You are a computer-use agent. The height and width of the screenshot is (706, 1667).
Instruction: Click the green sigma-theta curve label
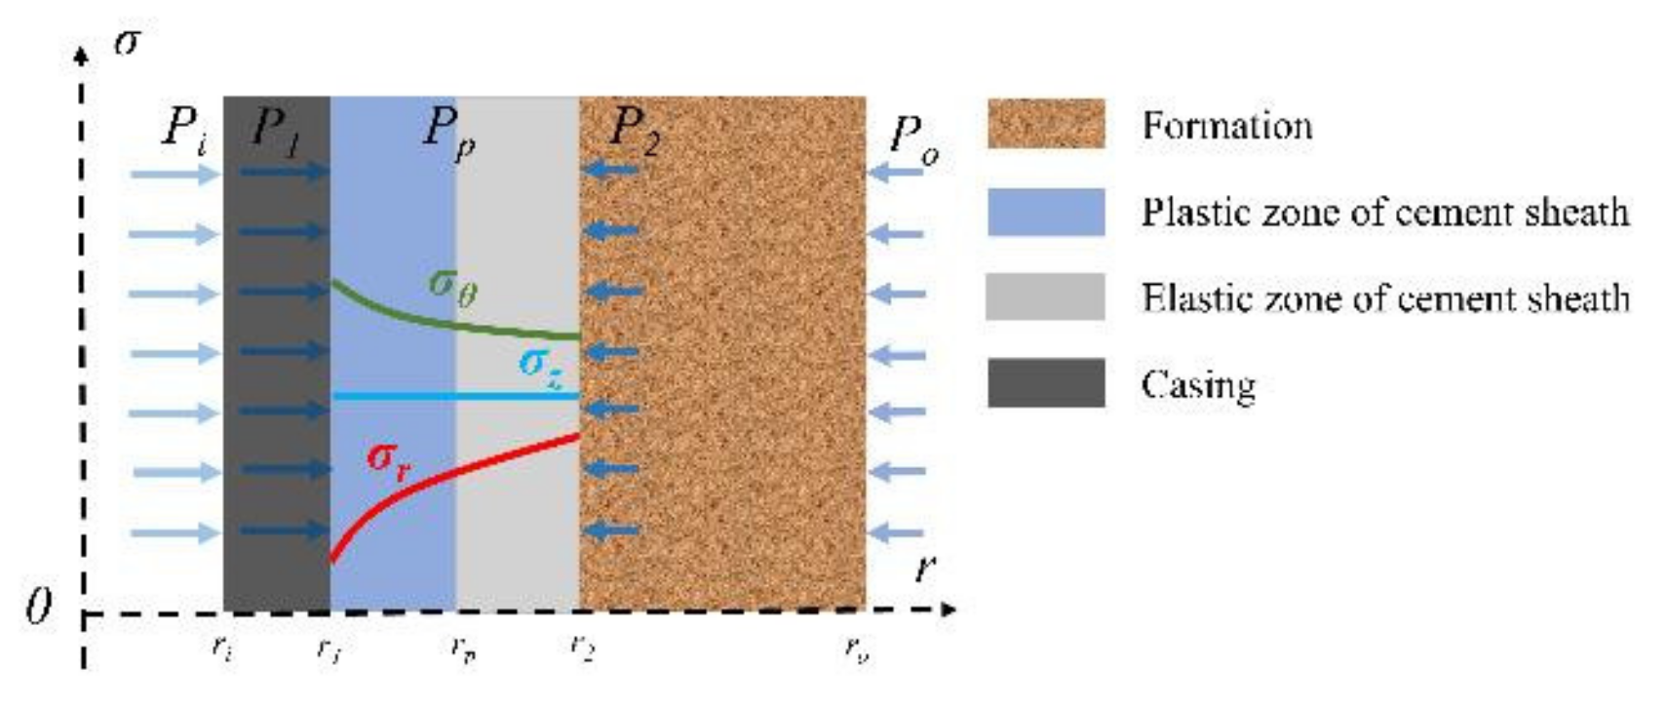pyautogui.click(x=453, y=286)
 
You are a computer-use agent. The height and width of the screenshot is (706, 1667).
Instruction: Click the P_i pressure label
pyautogui.click(x=184, y=128)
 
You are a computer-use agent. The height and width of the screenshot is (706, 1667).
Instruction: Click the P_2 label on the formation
pyautogui.click(x=634, y=130)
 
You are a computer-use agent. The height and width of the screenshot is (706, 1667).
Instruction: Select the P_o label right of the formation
pyautogui.click(x=913, y=139)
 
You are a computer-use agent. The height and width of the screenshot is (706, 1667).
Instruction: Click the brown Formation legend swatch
pyautogui.click(x=1045, y=124)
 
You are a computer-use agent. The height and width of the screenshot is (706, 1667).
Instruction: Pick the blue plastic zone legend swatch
pyautogui.click(x=1045, y=212)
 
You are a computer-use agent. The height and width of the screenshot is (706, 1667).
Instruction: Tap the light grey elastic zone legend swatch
pyautogui.click(x=1045, y=296)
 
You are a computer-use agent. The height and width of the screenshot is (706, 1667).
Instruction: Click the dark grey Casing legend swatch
pyautogui.click(x=1045, y=382)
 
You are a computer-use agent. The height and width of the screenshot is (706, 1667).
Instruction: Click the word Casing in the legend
pyautogui.click(x=1198, y=385)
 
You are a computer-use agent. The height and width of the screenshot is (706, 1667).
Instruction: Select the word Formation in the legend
pyautogui.click(x=1227, y=126)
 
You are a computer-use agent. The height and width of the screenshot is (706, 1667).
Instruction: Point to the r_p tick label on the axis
pyautogui.click(x=464, y=647)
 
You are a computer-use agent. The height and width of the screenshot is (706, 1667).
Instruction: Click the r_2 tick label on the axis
pyautogui.click(x=583, y=646)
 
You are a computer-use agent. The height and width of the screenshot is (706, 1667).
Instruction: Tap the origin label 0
pyautogui.click(x=37, y=608)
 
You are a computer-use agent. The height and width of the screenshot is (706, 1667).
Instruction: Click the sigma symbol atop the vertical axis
pyautogui.click(x=126, y=42)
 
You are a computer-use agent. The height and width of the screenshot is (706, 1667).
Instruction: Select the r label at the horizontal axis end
pyautogui.click(x=924, y=568)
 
